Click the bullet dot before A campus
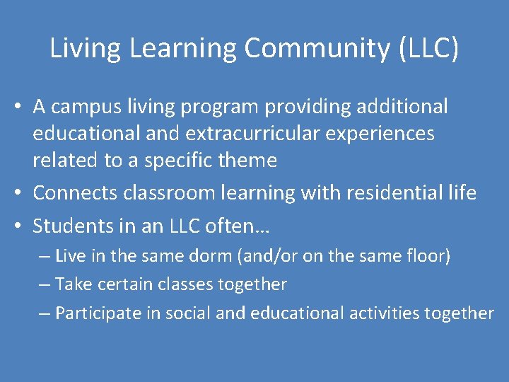pos(23,108)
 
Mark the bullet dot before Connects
pos(23,193)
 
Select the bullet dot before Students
pos(23,227)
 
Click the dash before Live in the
pos(45,256)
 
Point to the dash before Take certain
pos(45,284)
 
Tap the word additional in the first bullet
pos(403,107)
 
